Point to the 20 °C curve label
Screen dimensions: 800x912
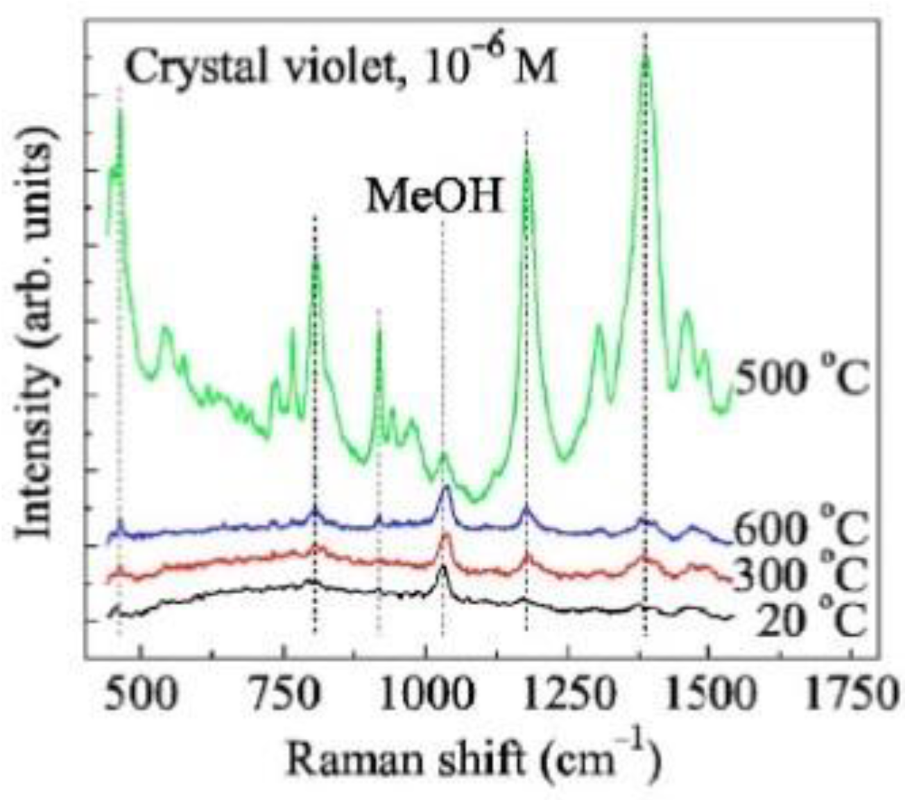tap(811, 619)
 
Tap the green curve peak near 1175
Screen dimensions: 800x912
tap(527, 156)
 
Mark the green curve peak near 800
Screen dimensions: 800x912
tap(316, 259)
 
